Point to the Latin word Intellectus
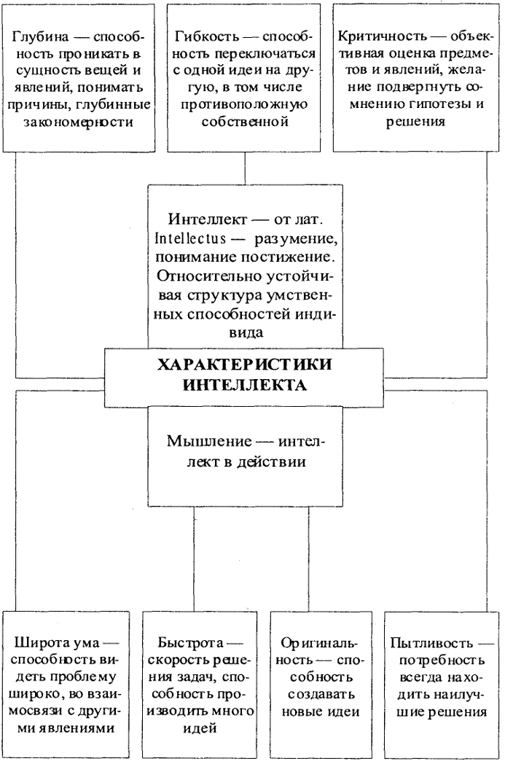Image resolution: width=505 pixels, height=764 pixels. point(190,238)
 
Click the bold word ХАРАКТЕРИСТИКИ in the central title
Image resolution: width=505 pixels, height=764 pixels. point(244,365)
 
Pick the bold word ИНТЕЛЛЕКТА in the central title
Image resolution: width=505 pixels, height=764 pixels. point(244,385)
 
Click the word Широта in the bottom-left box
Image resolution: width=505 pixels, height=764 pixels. point(43,642)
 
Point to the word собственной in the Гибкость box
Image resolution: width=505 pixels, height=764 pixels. point(244,121)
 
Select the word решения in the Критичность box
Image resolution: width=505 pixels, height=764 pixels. point(415,121)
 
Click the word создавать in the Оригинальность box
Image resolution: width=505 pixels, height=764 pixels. point(318,694)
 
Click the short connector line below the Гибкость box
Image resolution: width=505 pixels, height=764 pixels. point(245,168)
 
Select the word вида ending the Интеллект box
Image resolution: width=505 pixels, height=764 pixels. point(246,332)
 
